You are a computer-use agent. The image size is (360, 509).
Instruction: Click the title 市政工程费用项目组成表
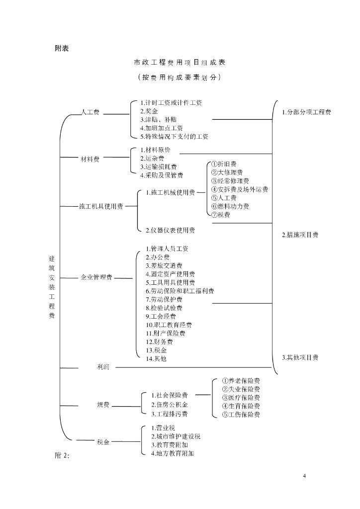click(x=180, y=62)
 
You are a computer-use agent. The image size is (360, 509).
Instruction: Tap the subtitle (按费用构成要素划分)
click(x=180, y=77)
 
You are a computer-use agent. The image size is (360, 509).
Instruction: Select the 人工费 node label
click(x=90, y=112)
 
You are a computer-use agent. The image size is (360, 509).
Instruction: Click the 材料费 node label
click(x=90, y=159)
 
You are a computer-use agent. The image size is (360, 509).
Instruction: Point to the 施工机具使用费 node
click(x=101, y=206)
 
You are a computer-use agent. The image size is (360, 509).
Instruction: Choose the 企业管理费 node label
click(x=96, y=277)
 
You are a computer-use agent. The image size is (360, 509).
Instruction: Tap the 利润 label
click(x=103, y=367)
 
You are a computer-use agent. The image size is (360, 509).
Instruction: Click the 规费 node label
click(x=103, y=405)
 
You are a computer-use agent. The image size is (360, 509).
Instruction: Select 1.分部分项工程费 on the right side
click(x=306, y=112)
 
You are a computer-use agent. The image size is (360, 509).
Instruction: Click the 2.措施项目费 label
click(x=300, y=235)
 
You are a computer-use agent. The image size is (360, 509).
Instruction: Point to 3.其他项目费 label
click(x=300, y=358)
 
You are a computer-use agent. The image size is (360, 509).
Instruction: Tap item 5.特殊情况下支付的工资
click(x=175, y=137)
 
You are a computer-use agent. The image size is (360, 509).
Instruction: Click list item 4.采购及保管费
click(x=162, y=175)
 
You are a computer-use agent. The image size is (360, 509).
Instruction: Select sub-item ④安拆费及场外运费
click(x=240, y=189)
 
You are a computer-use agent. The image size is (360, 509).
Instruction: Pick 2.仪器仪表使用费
click(x=170, y=231)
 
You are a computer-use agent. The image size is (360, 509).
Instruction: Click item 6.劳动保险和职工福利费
click(x=180, y=291)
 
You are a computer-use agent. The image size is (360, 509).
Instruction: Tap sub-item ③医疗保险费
click(x=241, y=398)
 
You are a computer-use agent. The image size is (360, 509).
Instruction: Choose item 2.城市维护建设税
click(x=176, y=436)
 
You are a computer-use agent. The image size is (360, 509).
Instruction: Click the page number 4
click(x=304, y=476)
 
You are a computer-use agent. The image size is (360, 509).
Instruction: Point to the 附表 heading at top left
click(x=62, y=48)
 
